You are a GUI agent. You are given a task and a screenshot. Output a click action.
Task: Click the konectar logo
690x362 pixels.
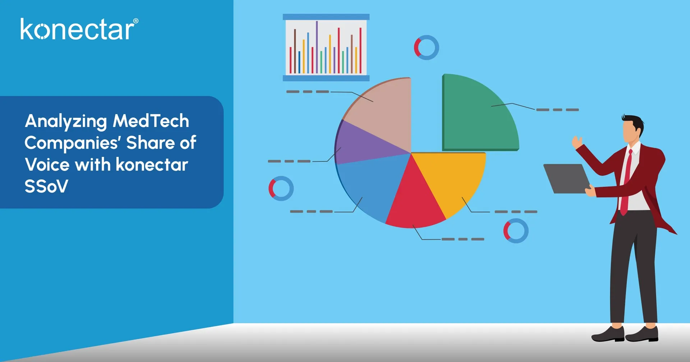click(x=77, y=29)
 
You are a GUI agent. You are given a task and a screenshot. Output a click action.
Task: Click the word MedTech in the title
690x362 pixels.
click(x=151, y=121)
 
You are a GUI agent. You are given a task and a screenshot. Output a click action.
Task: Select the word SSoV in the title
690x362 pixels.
click(x=46, y=186)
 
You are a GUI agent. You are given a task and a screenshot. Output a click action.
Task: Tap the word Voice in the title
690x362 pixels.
click(x=47, y=165)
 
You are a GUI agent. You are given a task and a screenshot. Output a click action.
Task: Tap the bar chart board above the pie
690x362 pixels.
click(x=326, y=47)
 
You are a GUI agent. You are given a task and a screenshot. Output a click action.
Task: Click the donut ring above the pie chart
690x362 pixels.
click(x=427, y=47)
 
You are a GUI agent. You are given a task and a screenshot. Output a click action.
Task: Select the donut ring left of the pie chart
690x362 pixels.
click(x=281, y=188)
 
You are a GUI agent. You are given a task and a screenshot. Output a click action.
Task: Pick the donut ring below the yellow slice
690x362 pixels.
click(x=516, y=231)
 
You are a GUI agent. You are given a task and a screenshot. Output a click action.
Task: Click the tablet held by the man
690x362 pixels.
click(x=566, y=178)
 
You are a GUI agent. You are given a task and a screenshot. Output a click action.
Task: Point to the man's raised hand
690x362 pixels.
click(x=577, y=142)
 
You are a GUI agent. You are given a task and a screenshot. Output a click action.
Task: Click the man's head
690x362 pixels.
click(x=632, y=129)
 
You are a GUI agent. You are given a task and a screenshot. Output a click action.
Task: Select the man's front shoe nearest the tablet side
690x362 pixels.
click(x=607, y=334)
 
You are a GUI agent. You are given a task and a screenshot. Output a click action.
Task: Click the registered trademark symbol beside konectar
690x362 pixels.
click(x=135, y=21)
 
